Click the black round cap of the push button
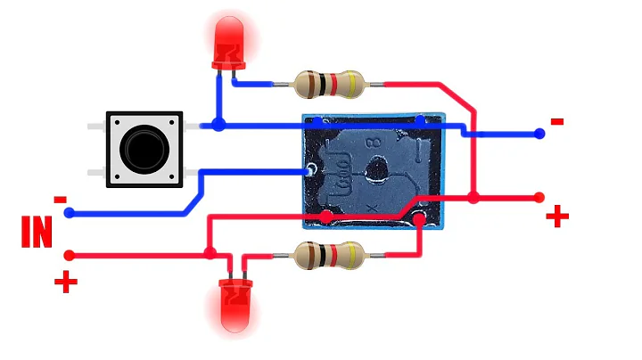pyautogui.click(x=143, y=149)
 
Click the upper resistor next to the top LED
pyautogui.click(x=331, y=85)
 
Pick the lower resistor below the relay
pyautogui.click(x=331, y=257)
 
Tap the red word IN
pyautogui.click(x=37, y=231)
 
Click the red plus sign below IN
pyautogui.click(x=65, y=283)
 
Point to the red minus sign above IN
pyautogui.click(x=61, y=199)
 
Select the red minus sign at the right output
pyautogui.click(x=557, y=121)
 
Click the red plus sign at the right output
pyautogui.click(x=557, y=216)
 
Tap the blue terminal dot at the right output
pyautogui.click(x=539, y=134)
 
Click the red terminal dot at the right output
pyautogui.click(x=539, y=196)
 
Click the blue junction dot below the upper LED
pyautogui.click(x=218, y=126)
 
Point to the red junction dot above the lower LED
pyautogui.click(x=210, y=254)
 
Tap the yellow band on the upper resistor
pyautogui.click(x=355, y=85)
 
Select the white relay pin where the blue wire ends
pyautogui.click(x=309, y=169)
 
